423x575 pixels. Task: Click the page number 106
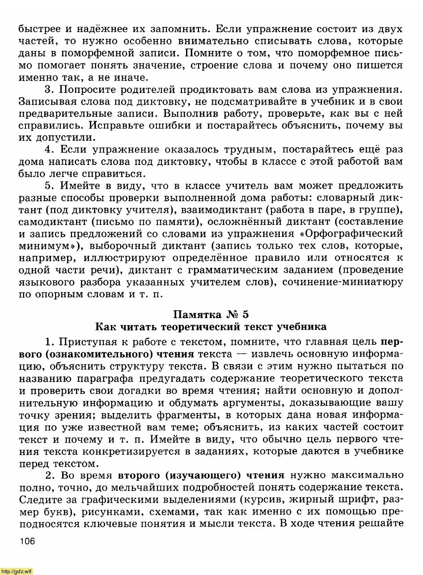pos(27,541)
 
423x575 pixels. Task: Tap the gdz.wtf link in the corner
pos(17,571)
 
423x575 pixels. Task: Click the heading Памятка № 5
pos(211,314)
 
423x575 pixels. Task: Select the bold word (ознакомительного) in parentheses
pos(94,354)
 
